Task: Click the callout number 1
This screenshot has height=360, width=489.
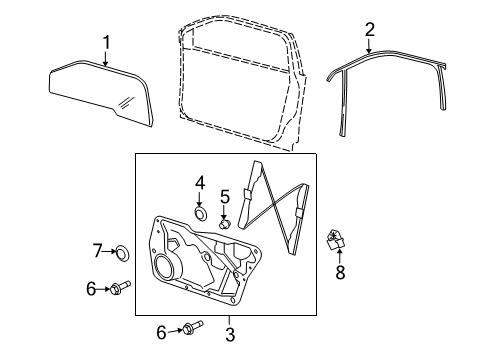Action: click(x=106, y=43)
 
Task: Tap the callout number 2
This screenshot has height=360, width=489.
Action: click(x=370, y=30)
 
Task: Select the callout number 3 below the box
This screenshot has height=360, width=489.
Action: click(x=230, y=334)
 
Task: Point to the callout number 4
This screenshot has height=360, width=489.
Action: click(x=200, y=183)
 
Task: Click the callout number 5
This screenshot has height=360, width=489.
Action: click(x=225, y=197)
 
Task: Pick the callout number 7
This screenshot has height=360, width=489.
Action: click(x=97, y=251)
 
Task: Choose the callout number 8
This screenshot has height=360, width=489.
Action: click(x=340, y=272)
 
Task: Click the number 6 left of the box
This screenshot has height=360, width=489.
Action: click(x=91, y=289)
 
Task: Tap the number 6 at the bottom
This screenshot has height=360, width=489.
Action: click(x=161, y=332)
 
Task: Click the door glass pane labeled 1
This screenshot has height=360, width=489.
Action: click(x=100, y=92)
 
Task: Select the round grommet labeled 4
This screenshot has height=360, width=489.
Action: click(x=201, y=213)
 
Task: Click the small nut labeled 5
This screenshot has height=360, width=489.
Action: click(x=225, y=224)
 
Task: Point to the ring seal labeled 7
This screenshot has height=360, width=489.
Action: click(x=122, y=253)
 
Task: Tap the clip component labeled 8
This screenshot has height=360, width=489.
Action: click(x=335, y=240)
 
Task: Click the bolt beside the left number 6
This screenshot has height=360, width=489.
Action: click(x=120, y=287)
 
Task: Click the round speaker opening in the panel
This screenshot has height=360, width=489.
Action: click(x=164, y=266)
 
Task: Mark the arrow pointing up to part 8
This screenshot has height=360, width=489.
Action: click(x=339, y=256)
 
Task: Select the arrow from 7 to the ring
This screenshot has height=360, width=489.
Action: click(x=109, y=252)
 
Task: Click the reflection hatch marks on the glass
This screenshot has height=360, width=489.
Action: click(x=127, y=102)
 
